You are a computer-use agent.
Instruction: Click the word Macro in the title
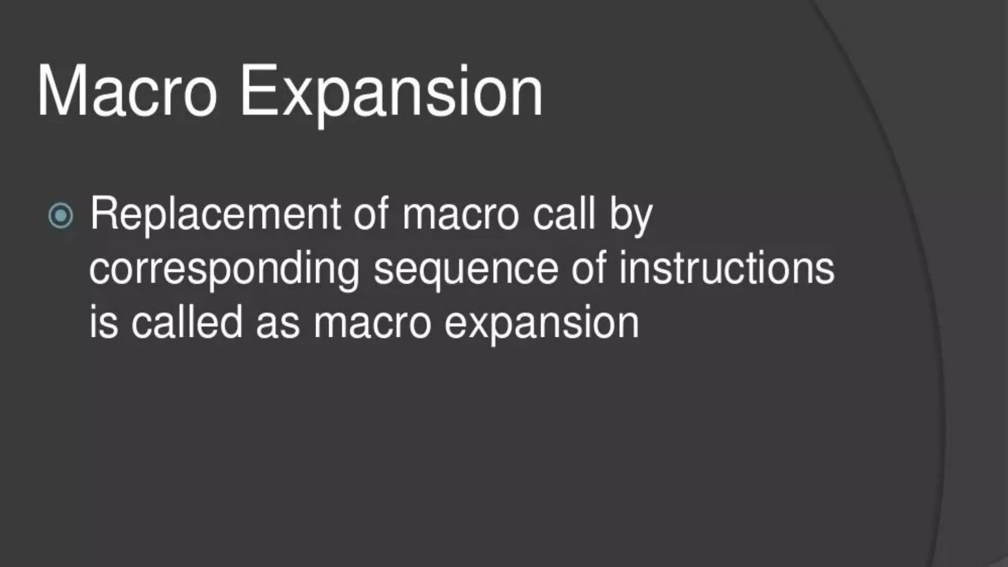pyautogui.click(x=127, y=92)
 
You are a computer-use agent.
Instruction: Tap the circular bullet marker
pyautogui.click(x=61, y=216)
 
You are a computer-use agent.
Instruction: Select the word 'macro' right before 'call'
pyautogui.click(x=461, y=215)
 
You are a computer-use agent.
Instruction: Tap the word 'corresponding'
pyautogui.click(x=224, y=270)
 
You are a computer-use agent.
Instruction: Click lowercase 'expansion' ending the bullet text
pyautogui.click(x=541, y=325)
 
